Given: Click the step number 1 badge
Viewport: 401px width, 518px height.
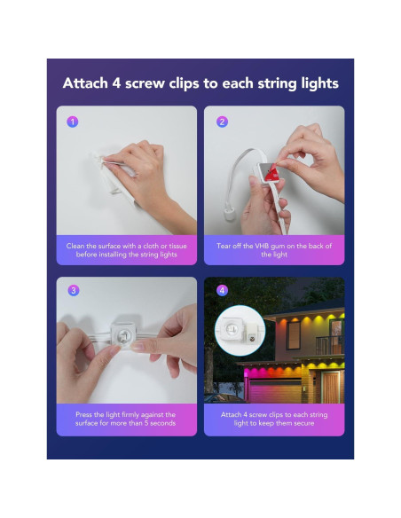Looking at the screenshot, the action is coord(73,122).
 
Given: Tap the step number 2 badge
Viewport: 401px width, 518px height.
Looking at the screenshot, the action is coord(222,122).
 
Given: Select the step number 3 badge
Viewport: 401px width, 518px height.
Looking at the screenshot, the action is coord(74,291).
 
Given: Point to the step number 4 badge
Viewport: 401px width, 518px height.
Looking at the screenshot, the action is coord(222,291).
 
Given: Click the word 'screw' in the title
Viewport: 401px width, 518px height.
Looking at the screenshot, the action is coord(145,83).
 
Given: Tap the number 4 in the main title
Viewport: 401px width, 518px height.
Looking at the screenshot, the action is coord(116,83).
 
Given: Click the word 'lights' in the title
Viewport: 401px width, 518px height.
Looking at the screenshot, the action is coord(319,84).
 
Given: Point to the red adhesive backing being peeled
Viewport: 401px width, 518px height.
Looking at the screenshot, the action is coord(271,172).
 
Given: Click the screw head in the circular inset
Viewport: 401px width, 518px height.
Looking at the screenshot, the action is coord(254,339).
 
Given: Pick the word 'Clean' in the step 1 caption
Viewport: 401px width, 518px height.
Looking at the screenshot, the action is coord(75,246).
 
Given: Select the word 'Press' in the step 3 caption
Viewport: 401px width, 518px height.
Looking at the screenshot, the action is coord(84,414).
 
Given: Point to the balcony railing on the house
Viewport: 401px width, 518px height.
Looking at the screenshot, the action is coord(329,346).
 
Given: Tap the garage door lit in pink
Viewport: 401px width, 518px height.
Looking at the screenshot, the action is coord(275,390).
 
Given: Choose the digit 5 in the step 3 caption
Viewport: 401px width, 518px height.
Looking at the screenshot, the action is coord(146,423).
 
